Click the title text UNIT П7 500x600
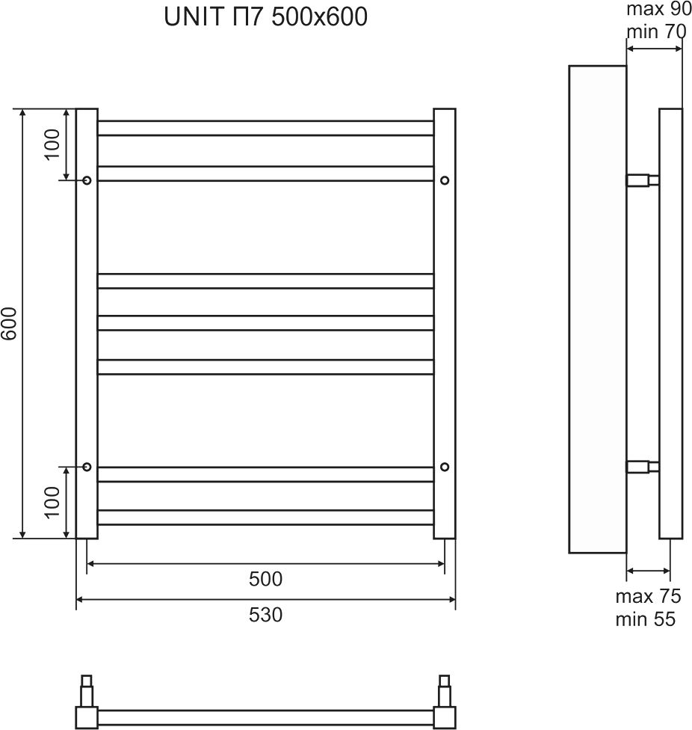265,16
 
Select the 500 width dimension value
265,579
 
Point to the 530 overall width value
265,615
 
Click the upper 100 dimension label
52,144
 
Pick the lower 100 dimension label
52,502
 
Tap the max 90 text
659,9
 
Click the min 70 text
656,31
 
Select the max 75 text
648,596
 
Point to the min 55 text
645,619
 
